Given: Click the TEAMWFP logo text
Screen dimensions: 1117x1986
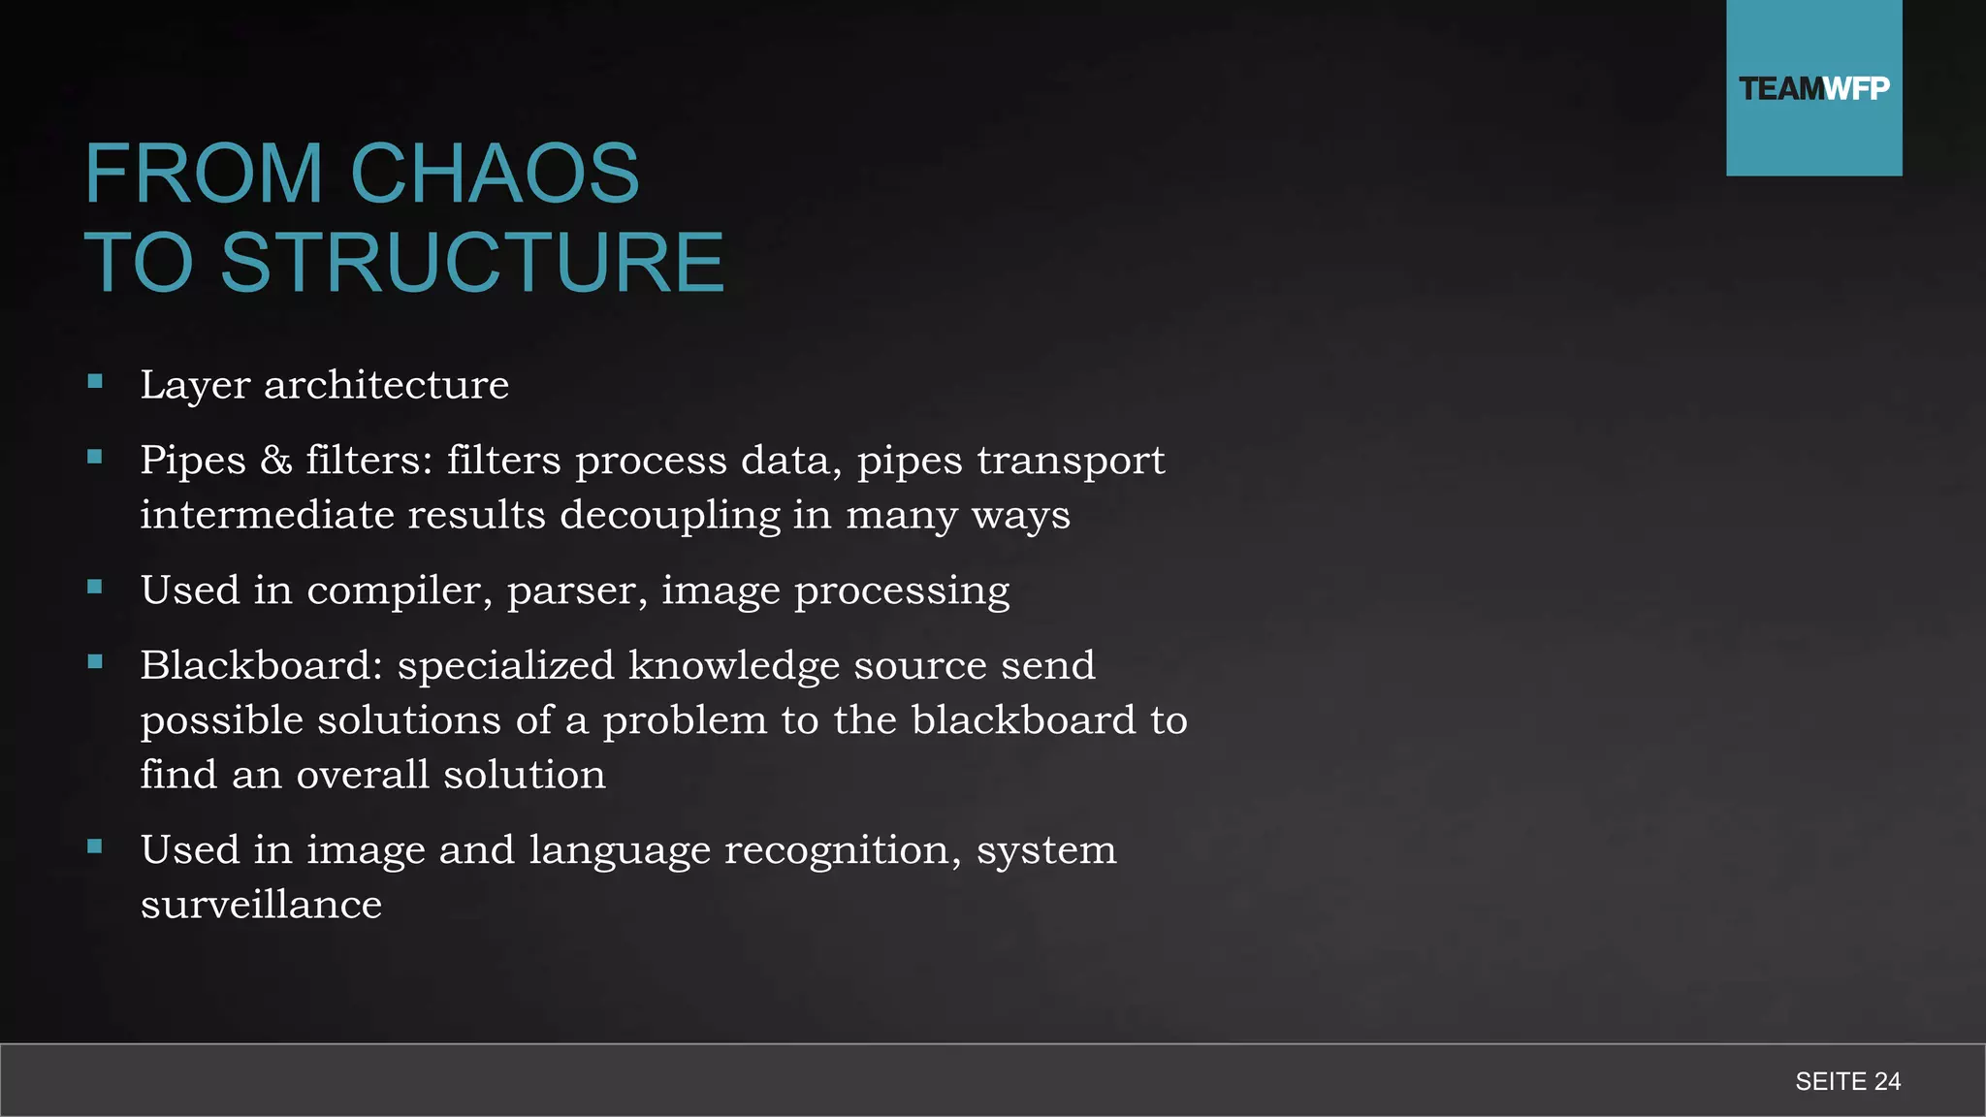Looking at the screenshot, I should point(1813,89).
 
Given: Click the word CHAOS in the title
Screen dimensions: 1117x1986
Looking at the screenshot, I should point(495,174).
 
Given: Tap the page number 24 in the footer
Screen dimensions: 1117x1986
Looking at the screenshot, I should point(1887,1081).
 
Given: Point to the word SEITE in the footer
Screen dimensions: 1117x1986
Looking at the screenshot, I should point(1831,1081).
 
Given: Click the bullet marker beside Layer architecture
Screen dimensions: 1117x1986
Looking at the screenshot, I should point(95,382).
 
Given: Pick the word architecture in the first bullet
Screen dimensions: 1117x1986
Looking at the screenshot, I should point(386,385).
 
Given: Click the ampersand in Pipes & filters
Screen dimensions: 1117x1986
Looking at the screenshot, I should point(276,460).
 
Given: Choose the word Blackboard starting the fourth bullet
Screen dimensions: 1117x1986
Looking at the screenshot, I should point(261,665).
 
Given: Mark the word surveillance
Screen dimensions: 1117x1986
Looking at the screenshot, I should point(261,905).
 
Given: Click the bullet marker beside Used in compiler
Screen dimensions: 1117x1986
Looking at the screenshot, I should point(95,587).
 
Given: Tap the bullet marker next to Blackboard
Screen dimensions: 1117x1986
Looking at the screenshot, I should point(95,662).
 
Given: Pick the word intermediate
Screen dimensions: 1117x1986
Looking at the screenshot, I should point(267,515).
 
